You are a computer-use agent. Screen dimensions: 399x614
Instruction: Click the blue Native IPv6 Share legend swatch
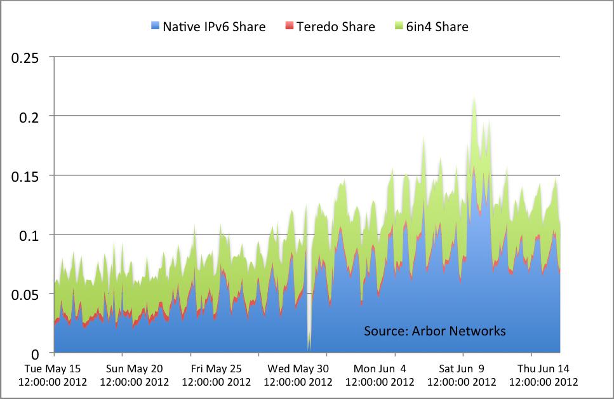154,27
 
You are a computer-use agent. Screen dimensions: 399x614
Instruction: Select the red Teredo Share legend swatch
290,27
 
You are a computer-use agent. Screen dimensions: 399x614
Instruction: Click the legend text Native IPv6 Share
214,27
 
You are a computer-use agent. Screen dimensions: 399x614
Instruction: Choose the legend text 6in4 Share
437,27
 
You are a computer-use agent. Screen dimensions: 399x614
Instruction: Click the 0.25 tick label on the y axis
26,58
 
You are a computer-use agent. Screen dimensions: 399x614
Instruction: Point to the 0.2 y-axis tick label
30,117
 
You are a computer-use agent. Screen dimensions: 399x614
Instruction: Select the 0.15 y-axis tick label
26,176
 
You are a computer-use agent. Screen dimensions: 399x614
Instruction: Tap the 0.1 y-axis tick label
30,235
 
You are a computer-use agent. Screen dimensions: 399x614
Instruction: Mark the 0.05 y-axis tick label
26,294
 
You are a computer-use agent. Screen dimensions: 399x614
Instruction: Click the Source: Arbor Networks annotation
435,331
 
